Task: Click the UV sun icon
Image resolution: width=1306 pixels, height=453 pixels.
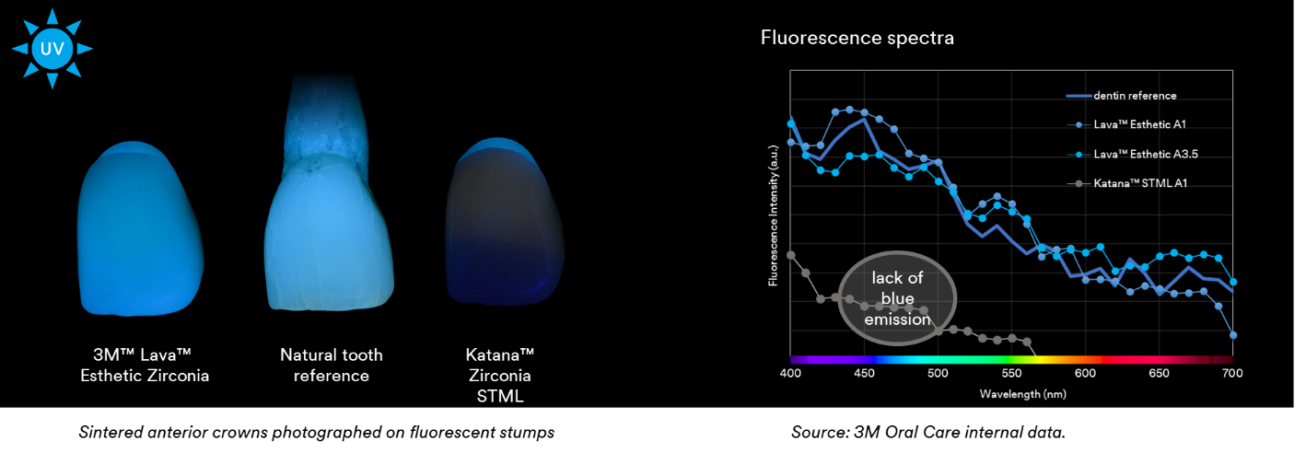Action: click(52, 48)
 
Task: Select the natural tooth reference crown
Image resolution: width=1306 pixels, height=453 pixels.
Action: click(330, 235)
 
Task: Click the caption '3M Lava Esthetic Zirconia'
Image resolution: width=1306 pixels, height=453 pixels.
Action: click(144, 365)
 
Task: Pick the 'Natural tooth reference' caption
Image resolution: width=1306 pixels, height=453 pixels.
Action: click(332, 365)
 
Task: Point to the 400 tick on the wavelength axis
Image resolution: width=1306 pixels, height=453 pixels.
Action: click(789, 374)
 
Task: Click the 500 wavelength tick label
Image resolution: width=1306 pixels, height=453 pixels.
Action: click(938, 374)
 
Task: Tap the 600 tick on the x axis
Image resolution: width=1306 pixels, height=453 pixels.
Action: click(1085, 374)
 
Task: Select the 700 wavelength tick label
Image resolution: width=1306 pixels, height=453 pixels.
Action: click(1232, 374)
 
